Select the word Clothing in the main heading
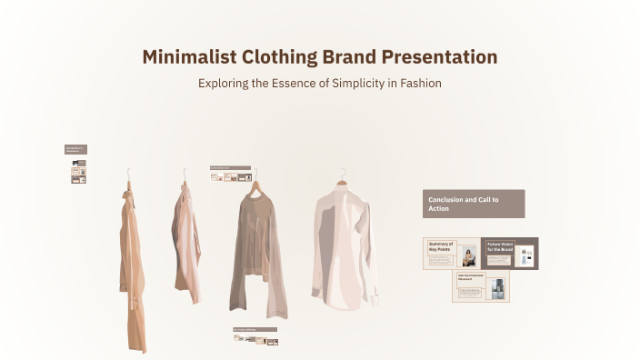279,57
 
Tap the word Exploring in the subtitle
225,83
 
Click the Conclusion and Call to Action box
474,204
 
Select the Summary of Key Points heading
441,246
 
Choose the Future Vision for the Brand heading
499,246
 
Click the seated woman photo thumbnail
469,255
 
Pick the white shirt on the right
345,245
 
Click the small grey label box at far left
75,148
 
